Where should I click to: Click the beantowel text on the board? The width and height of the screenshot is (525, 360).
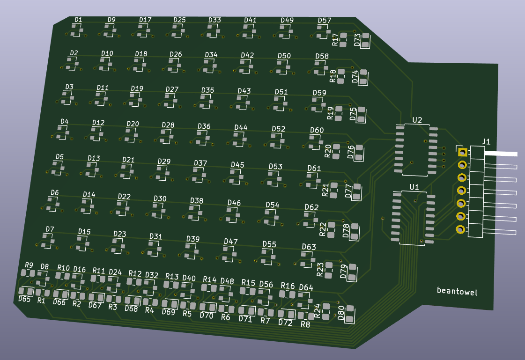tap(457, 291)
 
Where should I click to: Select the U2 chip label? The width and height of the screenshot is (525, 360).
tap(417, 120)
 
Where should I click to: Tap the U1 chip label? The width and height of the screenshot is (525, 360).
tap(414, 187)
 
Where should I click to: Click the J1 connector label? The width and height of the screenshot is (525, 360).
tap(486, 142)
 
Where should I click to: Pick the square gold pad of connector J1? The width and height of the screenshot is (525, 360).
tap(462, 152)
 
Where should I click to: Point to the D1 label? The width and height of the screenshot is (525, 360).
tap(78, 20)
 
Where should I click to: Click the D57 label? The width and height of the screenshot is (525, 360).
tap(325, 21)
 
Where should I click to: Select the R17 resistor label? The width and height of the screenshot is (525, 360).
tap(335, 39)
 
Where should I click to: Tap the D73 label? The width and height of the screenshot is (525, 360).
tap(357, 40)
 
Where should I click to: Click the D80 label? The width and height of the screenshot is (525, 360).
tap(341, 313)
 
